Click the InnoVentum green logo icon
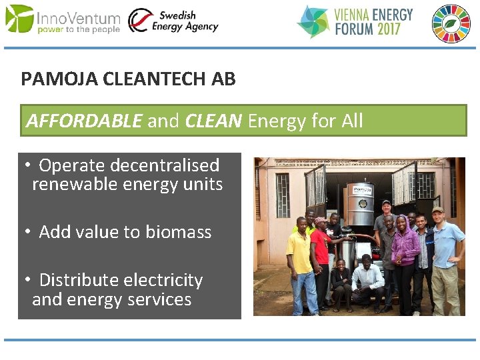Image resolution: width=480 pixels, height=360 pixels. pos(19,18)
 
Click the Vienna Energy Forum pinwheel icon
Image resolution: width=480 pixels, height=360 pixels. pos(313,21)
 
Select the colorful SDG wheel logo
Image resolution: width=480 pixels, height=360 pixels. pos(451,23)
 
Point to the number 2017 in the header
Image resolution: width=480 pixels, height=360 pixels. pos(394,30)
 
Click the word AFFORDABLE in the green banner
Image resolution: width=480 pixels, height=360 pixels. pos(84,121)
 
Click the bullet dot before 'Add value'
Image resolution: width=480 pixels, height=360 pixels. pos(29,232)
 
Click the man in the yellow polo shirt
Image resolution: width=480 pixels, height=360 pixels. pos(301,257)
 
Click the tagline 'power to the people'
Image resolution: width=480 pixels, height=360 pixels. pos(78,30)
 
